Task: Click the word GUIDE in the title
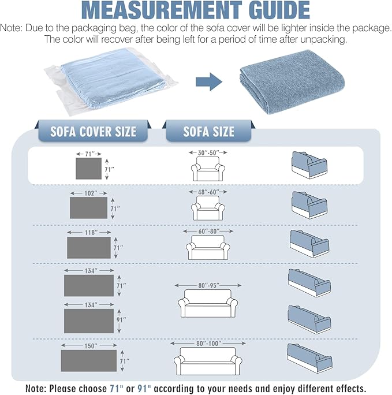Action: [279, 10]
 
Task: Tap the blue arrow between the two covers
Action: [209, 81]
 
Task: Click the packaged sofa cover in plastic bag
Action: [111, 81]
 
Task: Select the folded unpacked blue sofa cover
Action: [292, 81]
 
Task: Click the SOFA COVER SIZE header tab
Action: [93, 131]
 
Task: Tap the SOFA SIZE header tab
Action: [209, 131]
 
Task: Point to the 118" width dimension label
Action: [91, 232]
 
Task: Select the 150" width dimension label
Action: [91, 346]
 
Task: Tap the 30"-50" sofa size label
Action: [208, 152]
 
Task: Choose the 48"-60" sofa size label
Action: [208, 192]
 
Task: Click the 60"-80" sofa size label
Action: [209, 231]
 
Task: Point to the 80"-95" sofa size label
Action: [208, 285]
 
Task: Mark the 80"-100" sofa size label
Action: [209, 344]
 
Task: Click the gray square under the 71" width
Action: [89, 169]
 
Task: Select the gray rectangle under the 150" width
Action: [89, 360]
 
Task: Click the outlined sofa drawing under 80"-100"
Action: [208, 361]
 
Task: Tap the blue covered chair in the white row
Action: [309, 165]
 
